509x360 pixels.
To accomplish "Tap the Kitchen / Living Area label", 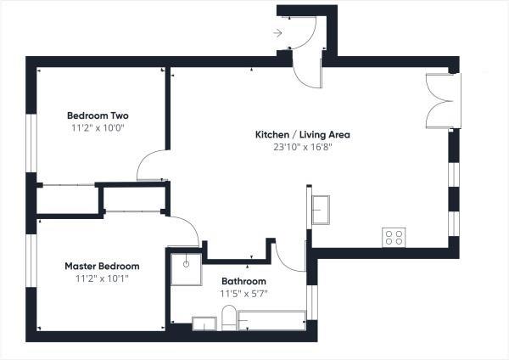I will (303, 134).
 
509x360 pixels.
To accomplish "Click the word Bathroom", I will (243, 281).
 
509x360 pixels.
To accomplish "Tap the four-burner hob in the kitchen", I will (393, 237).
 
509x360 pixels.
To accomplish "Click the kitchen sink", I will (322, 209).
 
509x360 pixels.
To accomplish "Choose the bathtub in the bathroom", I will (271, 321).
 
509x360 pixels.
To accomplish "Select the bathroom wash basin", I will (204, 323).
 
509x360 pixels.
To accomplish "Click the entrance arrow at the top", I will (278, 33).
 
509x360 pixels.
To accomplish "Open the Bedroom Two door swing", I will (153, 166).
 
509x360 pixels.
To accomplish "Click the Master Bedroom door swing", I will (185, 230).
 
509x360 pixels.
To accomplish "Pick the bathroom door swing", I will (290, 256).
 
